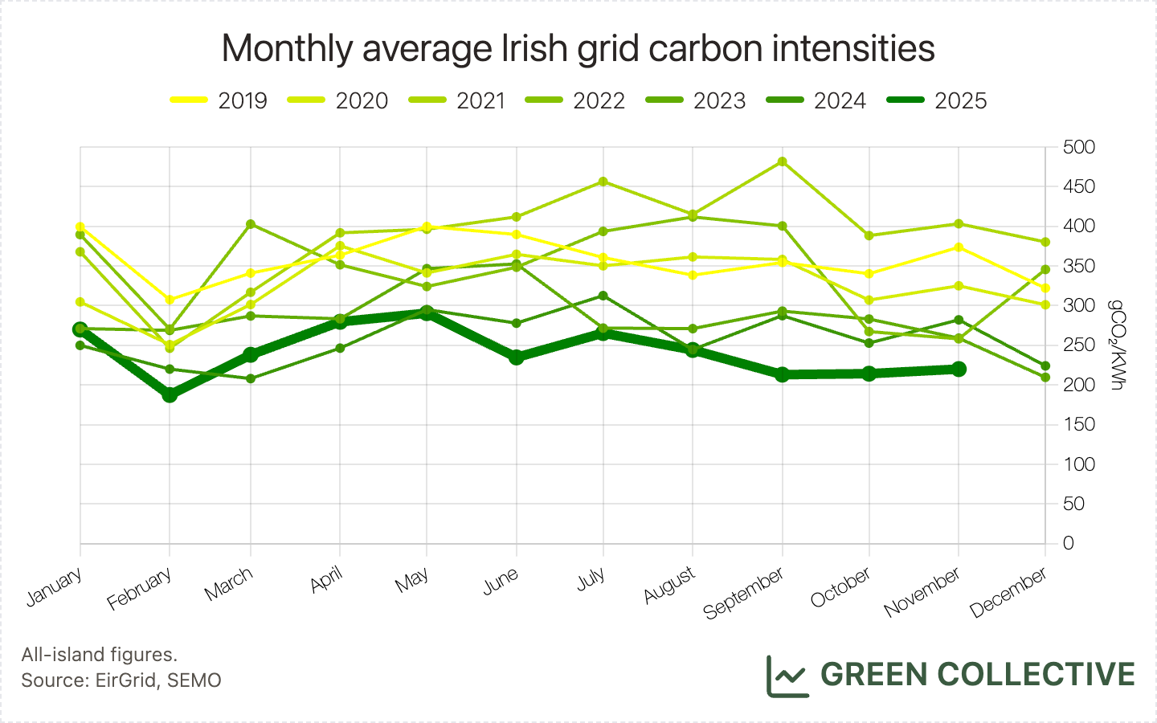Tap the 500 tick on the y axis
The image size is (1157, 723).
coord(1078,147)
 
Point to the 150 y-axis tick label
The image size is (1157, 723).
coord(1078,424)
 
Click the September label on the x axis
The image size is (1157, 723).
coord(744,593)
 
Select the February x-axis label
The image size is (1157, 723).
coord(140,588)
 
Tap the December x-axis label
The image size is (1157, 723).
coord(1008,592)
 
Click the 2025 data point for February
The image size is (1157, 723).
coord(170,395)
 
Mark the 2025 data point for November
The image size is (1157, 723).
coord(958,369)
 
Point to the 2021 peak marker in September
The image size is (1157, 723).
coord(783,161)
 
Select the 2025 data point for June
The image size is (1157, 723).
coord(516,357)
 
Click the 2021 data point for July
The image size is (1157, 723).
coord(603,182)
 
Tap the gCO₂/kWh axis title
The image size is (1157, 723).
coord(1116,345)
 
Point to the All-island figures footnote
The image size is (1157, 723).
coord(100,655)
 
